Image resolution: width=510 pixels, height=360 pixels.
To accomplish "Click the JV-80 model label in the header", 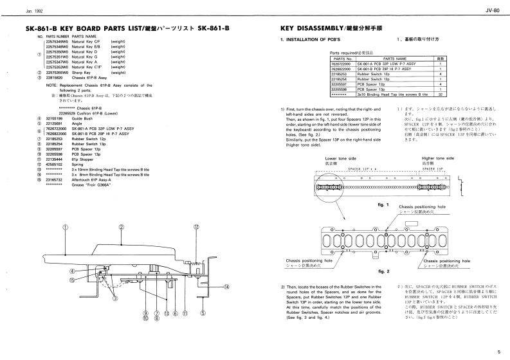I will coord(493,11).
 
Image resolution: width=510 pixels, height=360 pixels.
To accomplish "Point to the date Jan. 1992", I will coord(17,11).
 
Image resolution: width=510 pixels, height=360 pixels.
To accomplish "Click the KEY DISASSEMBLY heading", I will coord(312,29).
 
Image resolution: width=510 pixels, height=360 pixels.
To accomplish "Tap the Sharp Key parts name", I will coord(82,72).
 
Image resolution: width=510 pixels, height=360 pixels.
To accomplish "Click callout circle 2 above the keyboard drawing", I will coord(122,228).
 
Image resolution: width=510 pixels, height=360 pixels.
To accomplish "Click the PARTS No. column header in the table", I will coord(341,59).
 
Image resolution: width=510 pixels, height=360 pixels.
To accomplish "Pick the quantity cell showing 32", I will coord(439,94).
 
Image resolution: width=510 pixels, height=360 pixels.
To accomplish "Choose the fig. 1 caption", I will coord(383,203).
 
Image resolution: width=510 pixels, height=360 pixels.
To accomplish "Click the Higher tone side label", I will coord(438,158).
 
